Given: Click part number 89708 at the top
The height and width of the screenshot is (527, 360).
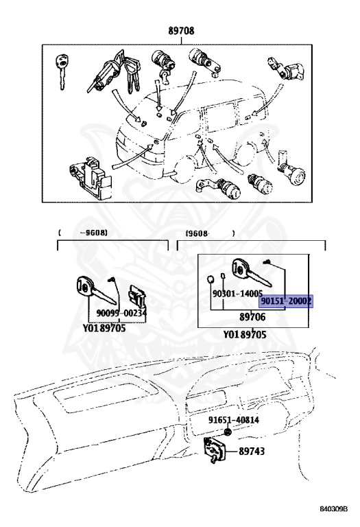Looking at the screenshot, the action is [x=181, y=31].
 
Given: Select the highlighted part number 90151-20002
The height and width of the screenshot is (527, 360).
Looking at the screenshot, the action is [x=286, y=301].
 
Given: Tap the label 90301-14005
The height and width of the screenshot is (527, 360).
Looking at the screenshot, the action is [x=237, y=294].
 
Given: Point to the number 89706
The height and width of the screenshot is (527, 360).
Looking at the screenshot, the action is [x=252, y=316].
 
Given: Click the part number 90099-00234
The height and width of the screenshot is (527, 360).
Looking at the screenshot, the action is [x=121, y=313].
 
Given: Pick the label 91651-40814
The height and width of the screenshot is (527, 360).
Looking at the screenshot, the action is [x=233, y=420].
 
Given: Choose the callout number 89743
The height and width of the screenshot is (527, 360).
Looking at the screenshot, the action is [x=252, y=451].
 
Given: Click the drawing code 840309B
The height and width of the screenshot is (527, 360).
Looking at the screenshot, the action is [x=333, y=508].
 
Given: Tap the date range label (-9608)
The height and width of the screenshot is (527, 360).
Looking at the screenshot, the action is [x=83, y=233].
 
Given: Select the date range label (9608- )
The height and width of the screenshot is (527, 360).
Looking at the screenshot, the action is [x=210, y=233].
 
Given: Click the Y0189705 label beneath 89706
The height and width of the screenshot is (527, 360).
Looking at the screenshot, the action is [x=245, y=334].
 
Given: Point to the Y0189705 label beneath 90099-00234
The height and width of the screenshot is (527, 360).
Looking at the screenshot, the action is [x=104, y=328].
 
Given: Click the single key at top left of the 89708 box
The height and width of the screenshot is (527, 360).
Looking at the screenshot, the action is [x=62, y=71].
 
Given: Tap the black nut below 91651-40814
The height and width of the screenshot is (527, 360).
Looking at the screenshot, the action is [x=228, y=432].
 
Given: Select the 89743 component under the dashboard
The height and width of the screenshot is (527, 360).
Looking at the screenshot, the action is [x=213, y=449].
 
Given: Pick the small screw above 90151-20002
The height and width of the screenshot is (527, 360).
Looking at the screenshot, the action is [x=267, y=262].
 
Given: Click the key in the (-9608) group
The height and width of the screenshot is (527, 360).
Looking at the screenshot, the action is [x=96, y=290].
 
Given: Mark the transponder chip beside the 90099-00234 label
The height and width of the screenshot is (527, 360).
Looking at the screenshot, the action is [x=136, y=296].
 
